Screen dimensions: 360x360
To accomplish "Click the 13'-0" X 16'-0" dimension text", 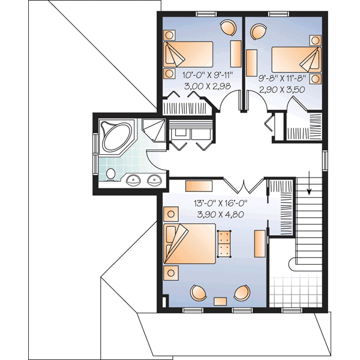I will (221, 203).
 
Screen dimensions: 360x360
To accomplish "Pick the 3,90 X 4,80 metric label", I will (221, 214).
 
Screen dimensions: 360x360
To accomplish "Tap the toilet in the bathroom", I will (110, 174).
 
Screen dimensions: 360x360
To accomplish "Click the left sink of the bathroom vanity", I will (134, 179).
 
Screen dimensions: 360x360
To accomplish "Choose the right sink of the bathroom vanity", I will (154, 179).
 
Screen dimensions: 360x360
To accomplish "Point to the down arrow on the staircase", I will (309, 184).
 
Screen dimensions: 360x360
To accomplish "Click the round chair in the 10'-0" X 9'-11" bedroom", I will (228, 28).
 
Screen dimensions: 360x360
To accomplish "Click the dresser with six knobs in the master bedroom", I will (224, 244).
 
